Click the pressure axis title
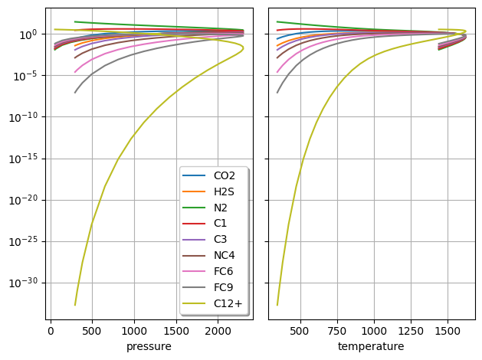pos(149,346)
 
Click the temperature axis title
pos(371,346)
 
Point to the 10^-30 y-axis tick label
pos(24,283)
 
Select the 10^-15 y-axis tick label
pos(24,159)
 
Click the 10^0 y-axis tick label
pos(27,34)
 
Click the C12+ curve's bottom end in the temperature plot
pos(277,305)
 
